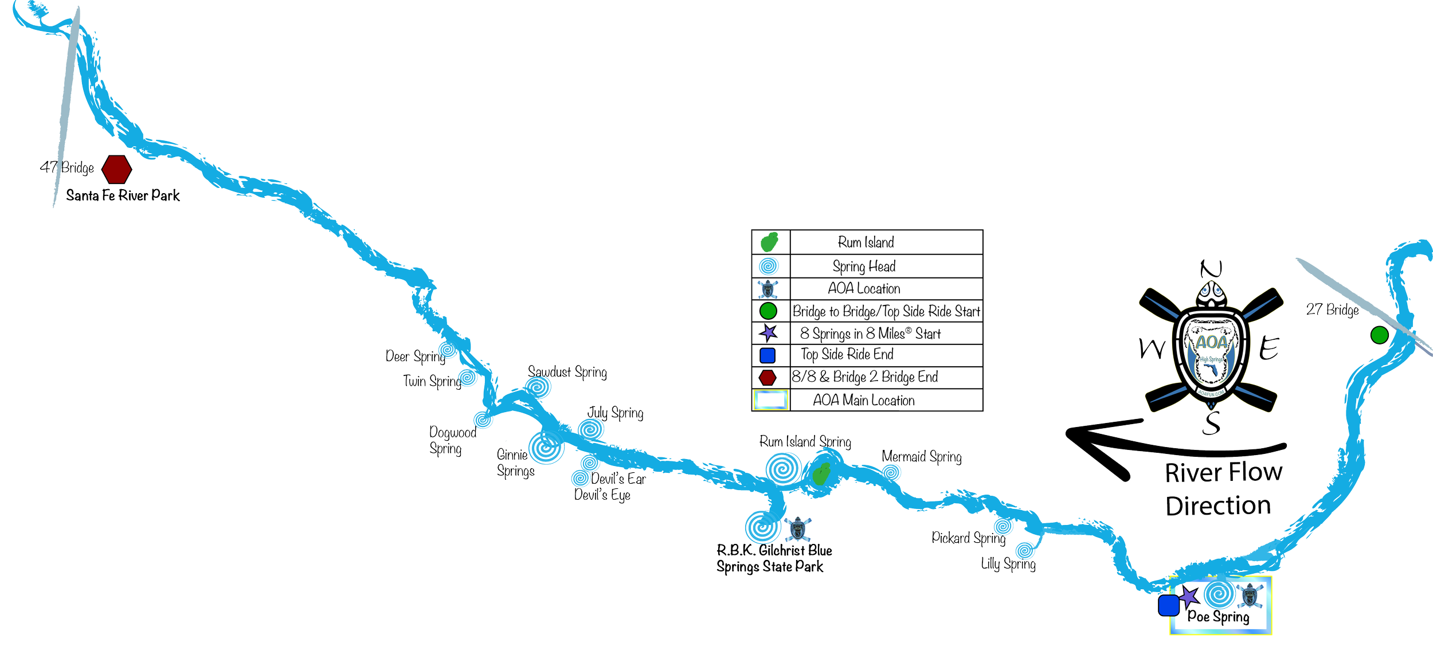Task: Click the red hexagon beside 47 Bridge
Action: [x=117, y=169]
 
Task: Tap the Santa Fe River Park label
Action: [x=123, y=195]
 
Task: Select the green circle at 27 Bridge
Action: [x=1379, y=335]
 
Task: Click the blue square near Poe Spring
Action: [x=1168, y=605]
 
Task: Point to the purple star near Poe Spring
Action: [x=1190, y=596]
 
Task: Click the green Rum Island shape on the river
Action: [x=822, y=473]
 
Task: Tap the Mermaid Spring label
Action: [x=922, y=457]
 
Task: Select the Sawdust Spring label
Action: [x=567, y=372]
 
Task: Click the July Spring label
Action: [x=616, y=413]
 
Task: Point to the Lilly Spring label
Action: [x=1008, y=564]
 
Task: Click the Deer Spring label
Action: [x=415, y=356]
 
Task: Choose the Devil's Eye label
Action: [x=602, y=495]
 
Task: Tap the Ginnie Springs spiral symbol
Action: [x=546, y=448]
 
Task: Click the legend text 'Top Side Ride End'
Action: [x=847, y=355]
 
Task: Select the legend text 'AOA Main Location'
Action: [x=864, y=401]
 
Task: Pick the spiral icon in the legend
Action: [x=768, y=267]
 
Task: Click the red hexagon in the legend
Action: [x=768, y=378]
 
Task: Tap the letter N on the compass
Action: [x=1211, y=268]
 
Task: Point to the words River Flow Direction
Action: [x=1223, y=489]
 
